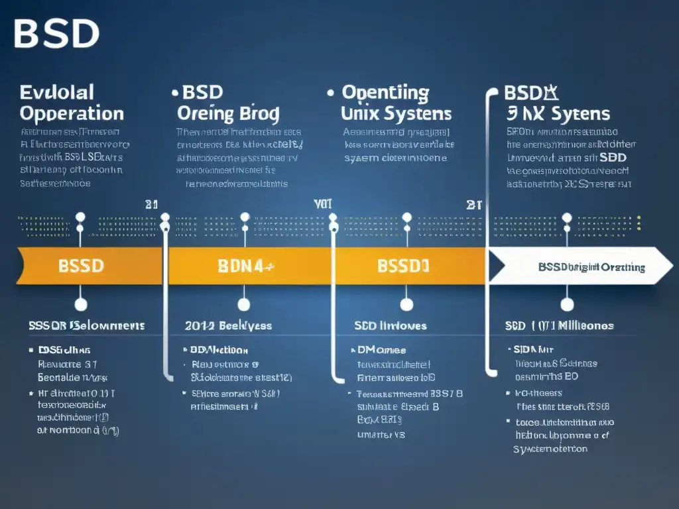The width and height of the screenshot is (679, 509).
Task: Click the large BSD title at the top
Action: click(x=56, y=34)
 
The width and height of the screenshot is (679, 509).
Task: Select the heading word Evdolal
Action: click(x=57, y=91)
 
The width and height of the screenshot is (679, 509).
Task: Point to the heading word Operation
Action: click(x=72, y=113)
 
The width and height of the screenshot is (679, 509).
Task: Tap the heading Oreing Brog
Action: click(x=228, y=113)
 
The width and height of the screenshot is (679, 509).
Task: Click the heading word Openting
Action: click(x=385, y=92)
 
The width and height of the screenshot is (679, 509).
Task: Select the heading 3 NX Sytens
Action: click(x=559, y=113)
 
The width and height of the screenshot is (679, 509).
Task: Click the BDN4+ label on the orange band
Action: click(x=247, y=266)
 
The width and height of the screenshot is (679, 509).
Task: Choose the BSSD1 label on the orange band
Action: click(x=403, y=266)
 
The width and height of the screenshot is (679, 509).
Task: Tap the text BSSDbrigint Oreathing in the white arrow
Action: click(x=591, y=267)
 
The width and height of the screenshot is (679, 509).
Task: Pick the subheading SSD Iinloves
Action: click(x=391, y=325)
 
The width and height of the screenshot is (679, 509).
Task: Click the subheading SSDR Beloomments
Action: click(x=86, y=325)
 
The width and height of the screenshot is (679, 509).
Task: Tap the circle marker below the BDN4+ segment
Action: click(x=244, y=304)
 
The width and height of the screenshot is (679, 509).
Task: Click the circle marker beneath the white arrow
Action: click(x=566, y=304)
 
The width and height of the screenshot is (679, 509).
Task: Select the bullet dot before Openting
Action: click(x=330, y=93)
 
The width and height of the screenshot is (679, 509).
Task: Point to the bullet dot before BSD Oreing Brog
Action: click(x=174, y=93)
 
